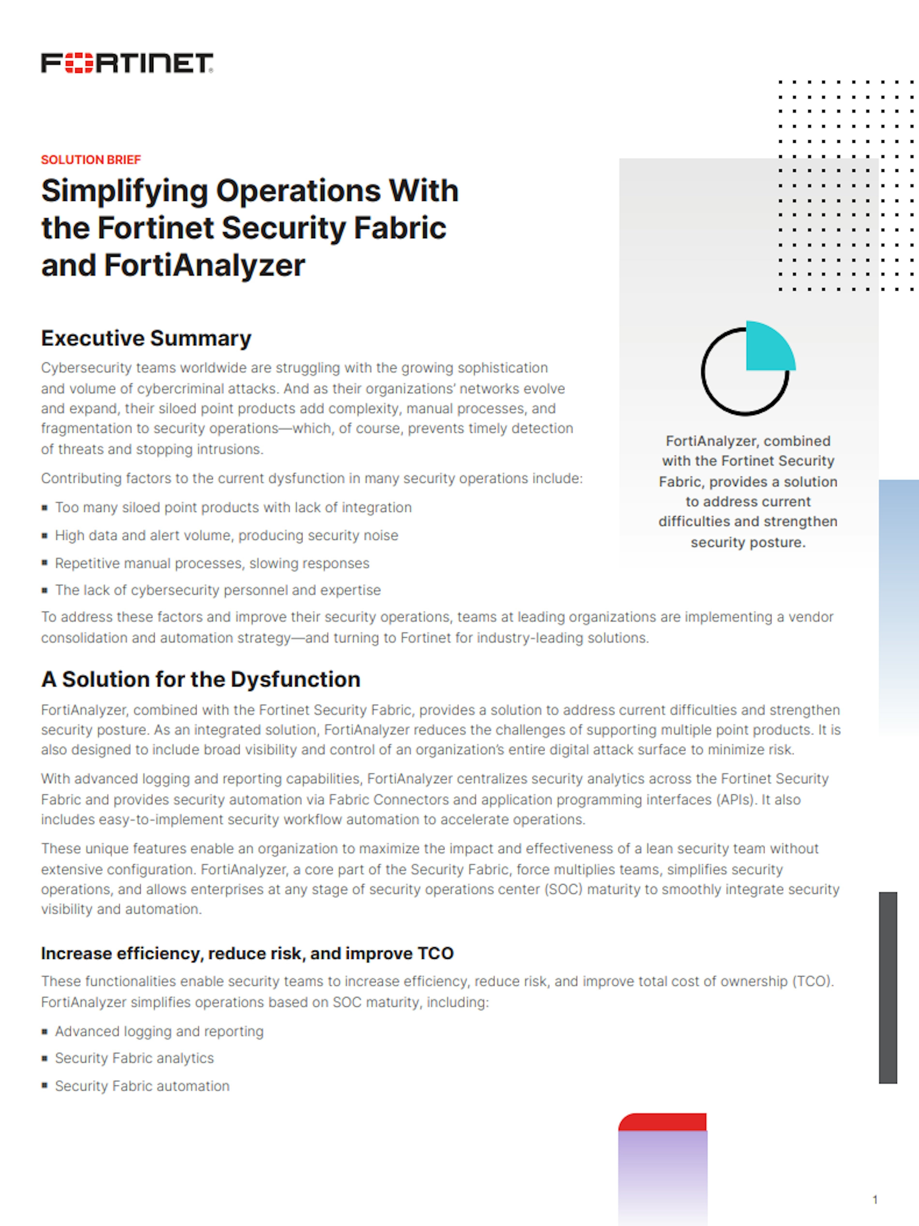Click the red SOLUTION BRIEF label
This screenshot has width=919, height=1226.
click(91, 160)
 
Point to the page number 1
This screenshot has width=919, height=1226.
click(875, 1199)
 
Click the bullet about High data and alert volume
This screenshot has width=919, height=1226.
click(226, 535)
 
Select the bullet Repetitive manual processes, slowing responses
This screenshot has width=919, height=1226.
click(212, 563)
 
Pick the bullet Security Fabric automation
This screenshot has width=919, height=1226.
click(142, 1086)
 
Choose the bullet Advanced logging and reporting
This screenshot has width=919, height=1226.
click(159, 1031)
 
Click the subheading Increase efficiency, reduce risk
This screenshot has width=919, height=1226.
click(247, 953)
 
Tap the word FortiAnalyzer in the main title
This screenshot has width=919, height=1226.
click(204, 265)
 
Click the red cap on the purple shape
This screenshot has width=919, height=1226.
click(662, 1122)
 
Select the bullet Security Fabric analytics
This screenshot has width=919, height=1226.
click(134, 1058)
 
